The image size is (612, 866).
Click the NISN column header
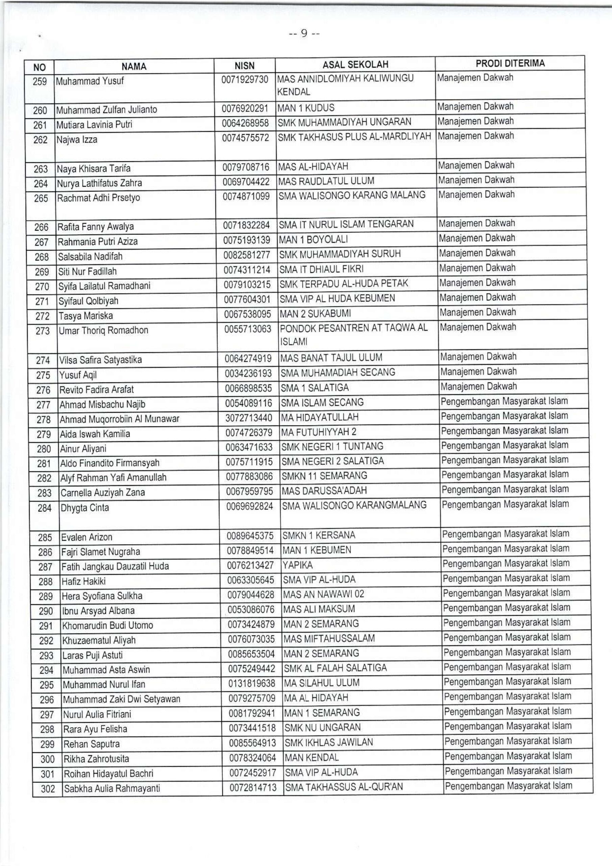click(x=244, y=66)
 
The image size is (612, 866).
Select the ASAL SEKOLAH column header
click(x=355, y=65)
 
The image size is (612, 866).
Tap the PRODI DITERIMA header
click(x=510, y=63)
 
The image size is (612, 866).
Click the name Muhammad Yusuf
click(x=90, y=81)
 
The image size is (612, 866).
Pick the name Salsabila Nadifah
click(x=90, y=256)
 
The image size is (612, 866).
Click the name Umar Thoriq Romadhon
click(x=103, y=331)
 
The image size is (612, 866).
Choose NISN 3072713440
click(x=249, y=417)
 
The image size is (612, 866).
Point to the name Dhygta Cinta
click(x=85, y=508)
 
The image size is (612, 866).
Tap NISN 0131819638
click(x=251, y=683)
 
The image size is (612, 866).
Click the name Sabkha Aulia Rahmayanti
click(x=112, y=789)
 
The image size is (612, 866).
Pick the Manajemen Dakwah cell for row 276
click(x=479, y=387)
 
